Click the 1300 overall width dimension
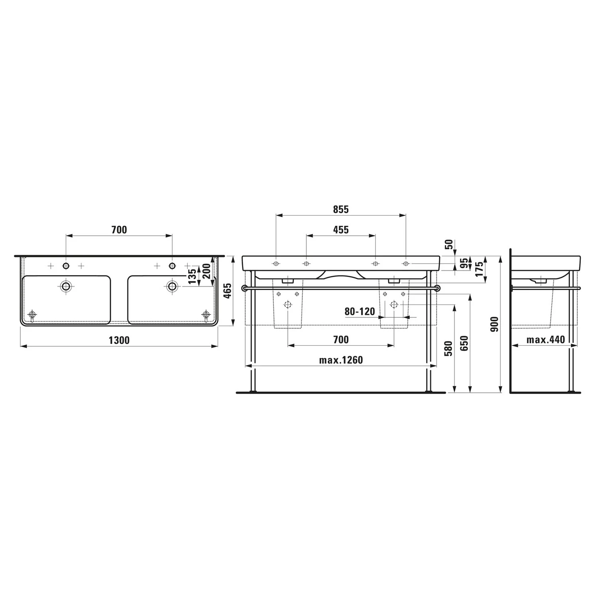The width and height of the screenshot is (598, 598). [119, 340]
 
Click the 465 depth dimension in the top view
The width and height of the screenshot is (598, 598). [227, 291]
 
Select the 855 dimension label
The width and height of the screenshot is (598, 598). [341, 209]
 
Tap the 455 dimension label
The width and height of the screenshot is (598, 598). [341, 230]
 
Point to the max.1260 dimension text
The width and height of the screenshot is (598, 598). [341, 360]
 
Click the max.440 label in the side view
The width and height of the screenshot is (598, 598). [545, 340]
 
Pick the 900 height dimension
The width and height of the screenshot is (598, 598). [494, 325]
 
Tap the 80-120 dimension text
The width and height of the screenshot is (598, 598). [360, 311]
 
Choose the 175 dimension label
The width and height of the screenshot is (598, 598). [480, 269]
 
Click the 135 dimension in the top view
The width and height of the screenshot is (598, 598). [192, 276]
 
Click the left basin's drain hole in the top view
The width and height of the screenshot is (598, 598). [66, 285]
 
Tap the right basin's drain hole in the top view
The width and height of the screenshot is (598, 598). [172, 285]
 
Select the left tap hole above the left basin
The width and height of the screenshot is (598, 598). [66, 266]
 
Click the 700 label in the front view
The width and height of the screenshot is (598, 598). [341, 340]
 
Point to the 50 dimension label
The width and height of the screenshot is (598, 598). [449, 244]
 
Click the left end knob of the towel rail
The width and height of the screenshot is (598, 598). [244, 288]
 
